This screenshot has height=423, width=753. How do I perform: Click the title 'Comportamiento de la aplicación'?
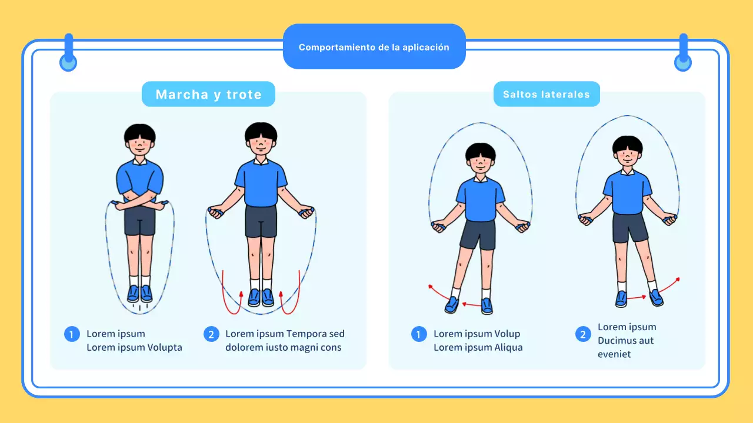point(374,47)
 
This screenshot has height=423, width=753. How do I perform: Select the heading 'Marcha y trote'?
point(208,95)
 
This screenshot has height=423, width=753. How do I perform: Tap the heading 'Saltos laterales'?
point(547,95)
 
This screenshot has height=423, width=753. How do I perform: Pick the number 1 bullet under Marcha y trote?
point(72,334)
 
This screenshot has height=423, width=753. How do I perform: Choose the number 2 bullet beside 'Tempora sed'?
point(211,334)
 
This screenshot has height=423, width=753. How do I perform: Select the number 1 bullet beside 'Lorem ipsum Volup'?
point(419,334)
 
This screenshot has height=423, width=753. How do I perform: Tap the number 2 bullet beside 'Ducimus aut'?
point(582,334)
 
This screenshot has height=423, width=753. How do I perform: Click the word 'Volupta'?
point(164,347)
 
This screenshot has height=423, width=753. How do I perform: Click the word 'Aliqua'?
point(505,347)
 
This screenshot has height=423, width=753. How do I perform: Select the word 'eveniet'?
point(614,354)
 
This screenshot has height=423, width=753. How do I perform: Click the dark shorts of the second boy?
point(261,221)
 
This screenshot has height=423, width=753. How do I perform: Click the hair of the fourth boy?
point(628,143)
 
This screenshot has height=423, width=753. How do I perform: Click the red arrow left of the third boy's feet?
point(438,292)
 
